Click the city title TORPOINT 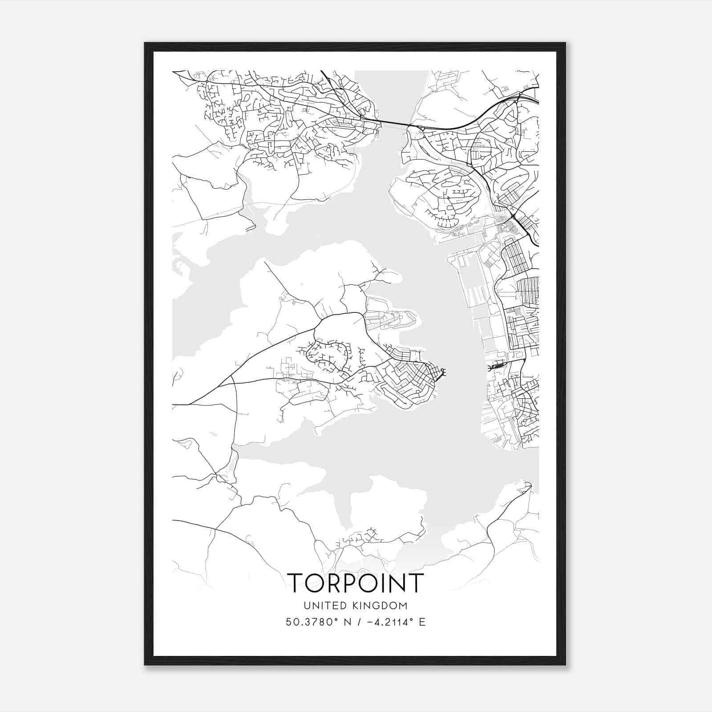pos(356,583)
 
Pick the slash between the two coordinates pos(357,622)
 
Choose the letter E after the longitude pos(422,622)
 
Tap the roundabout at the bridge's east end pos(421,129)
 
